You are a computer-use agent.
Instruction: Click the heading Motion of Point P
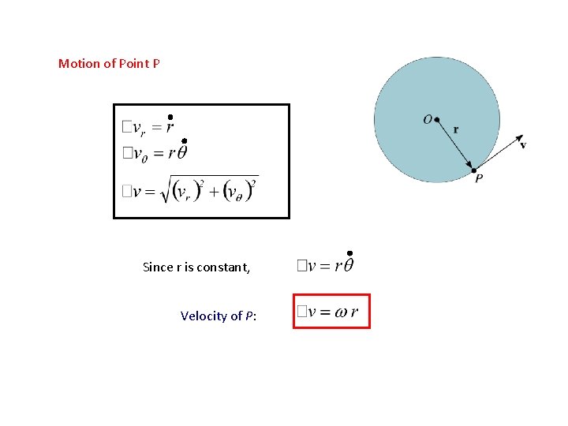(x=109, y=63)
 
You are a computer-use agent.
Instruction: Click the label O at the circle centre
(x=427, y=119)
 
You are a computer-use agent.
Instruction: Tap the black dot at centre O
(x=437, y=121)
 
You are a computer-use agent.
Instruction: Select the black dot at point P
(x=473, y=170)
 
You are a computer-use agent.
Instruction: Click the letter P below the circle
(x=479, y=179)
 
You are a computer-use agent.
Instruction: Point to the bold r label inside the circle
(x=456, y=129)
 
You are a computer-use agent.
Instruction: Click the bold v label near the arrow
(x=523, y=144)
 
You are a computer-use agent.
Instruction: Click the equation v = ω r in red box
(x=331, y=311)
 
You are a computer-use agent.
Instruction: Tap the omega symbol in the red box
(x=341, y=312)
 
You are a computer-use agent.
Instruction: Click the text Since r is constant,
(x=196, y=267)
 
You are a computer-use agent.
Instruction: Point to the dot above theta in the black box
(x=184, y=141)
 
